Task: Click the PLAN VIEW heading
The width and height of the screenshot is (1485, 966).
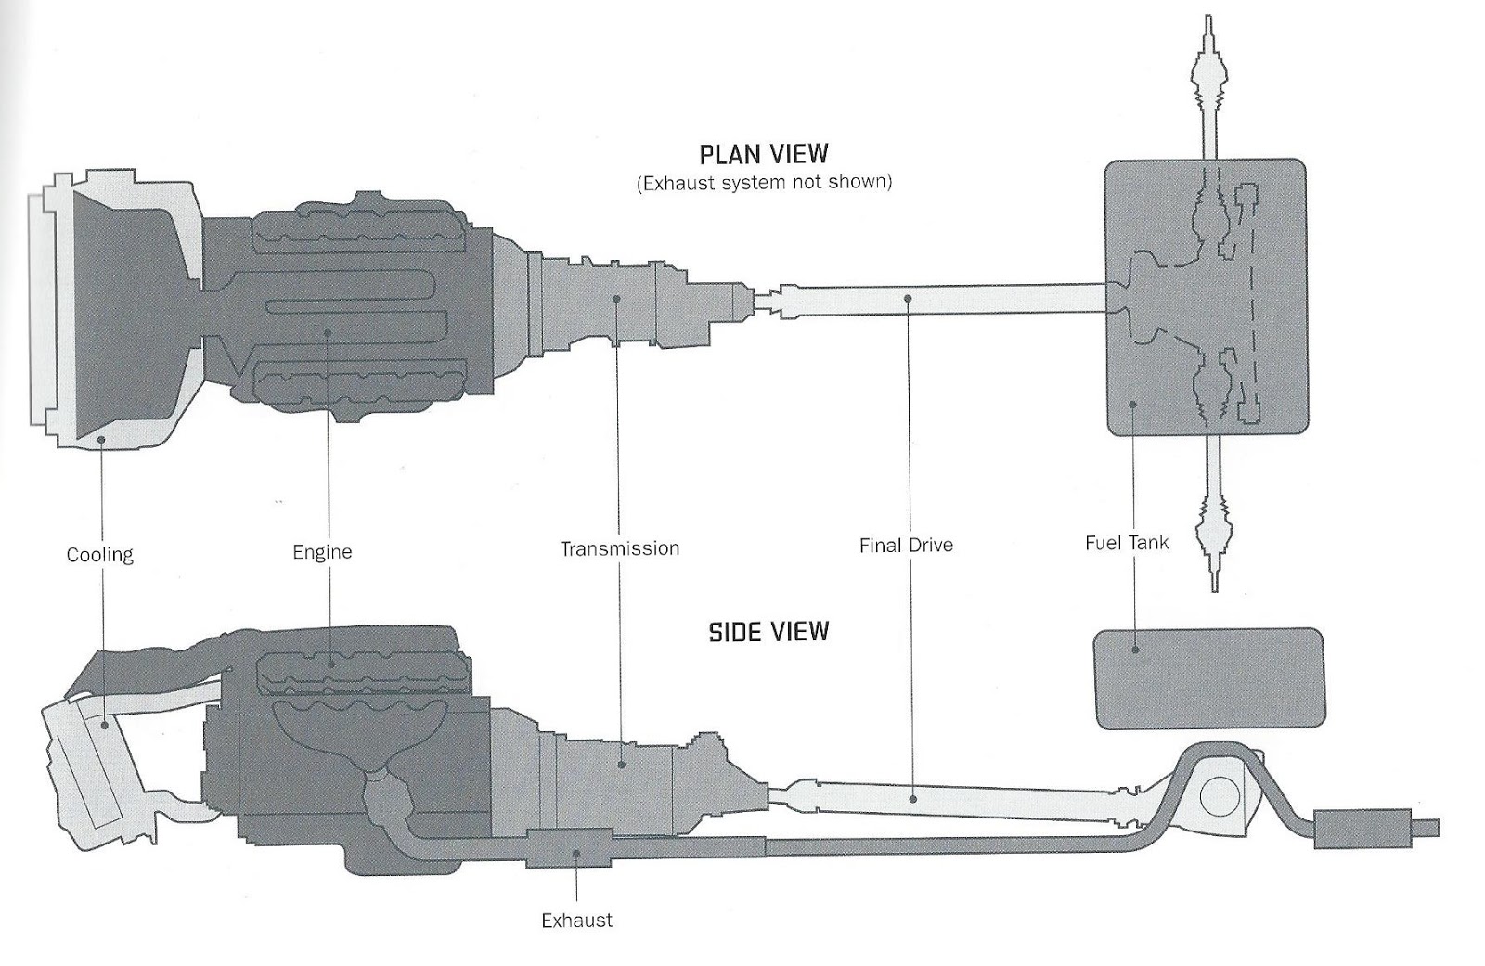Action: coord(764,153)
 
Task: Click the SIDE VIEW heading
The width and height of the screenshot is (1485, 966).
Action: coord(768,633)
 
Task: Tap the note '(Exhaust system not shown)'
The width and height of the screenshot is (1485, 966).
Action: coord(764,183)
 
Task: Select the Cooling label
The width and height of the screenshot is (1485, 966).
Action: coord(100,555)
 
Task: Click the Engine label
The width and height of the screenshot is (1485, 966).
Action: coord(322,552)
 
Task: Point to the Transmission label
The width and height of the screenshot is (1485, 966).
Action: coord(619,548)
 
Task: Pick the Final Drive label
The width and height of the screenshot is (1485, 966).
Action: coord(906,546)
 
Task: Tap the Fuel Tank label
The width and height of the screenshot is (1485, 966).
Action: coord(1127,543)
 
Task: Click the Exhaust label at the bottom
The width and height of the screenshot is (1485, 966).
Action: coord(576,921)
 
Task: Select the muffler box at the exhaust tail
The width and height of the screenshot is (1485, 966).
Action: coord(1361,828)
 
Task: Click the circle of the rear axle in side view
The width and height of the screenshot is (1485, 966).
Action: coord(1218,795)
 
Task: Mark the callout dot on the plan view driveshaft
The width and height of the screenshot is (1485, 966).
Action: coord(908,299)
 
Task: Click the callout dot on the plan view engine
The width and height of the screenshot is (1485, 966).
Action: coord(328,332)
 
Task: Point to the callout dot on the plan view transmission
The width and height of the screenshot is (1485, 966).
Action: coord(617,299)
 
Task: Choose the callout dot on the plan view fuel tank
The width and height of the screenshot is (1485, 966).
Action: coord(1131,404)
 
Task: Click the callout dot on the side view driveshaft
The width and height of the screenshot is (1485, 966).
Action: coord(914,797)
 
